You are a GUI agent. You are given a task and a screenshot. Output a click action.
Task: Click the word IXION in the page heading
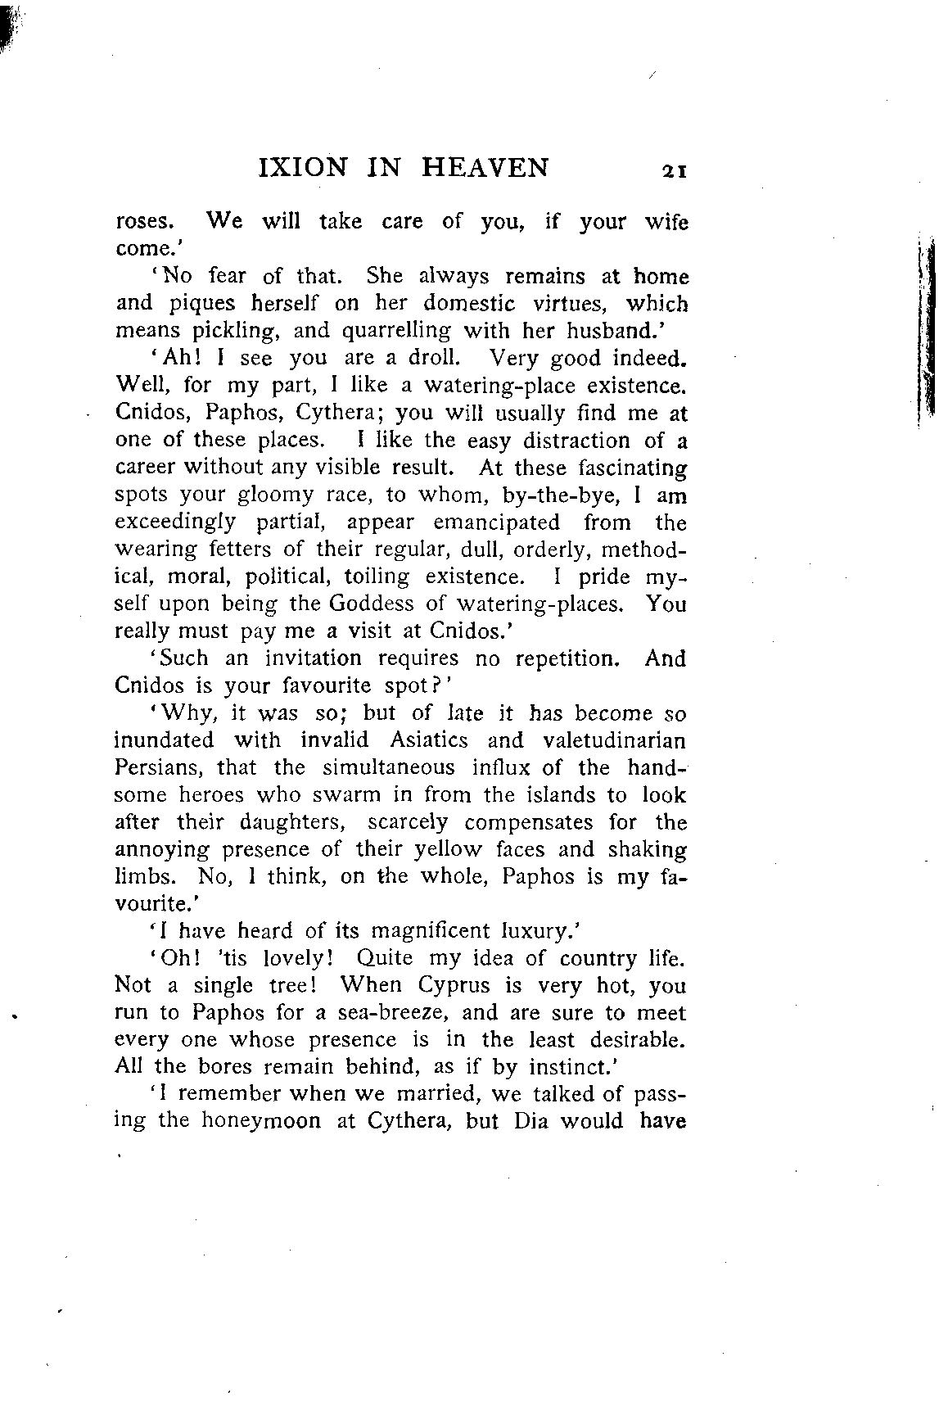click(302, 168)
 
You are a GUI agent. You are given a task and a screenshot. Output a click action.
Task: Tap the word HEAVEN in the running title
click(485, 168)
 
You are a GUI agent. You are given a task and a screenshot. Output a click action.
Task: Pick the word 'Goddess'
click(376, 604)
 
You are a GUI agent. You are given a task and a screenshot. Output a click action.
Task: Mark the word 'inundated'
click(164, 740)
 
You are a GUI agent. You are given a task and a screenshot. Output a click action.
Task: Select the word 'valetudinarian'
click(613, 740)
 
